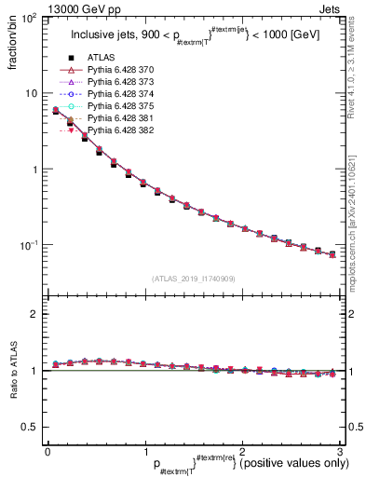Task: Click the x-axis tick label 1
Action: tap(143, 451)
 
